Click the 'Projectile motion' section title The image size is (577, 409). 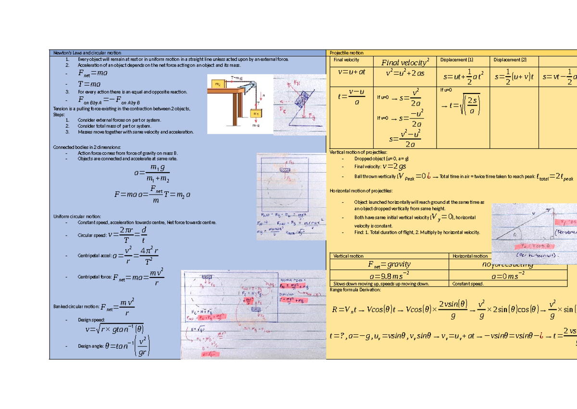pyautogui.click(x=347, y=53)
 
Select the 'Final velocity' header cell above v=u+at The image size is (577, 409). pyautogui.click(x=346, y=60)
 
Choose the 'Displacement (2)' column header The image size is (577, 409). pyautogui.click(x=510, y=60)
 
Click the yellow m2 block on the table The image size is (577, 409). pyautogui.click(x=218, y=84)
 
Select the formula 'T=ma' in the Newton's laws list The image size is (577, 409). pyautogui.click(x=88, y=83)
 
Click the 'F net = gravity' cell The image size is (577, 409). pyautogui.click(x=390, y=264)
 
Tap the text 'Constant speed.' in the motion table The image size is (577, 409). pyautogui.click(x=468, y=284)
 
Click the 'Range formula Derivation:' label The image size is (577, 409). pyautogui.click(x=355, y=290)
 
